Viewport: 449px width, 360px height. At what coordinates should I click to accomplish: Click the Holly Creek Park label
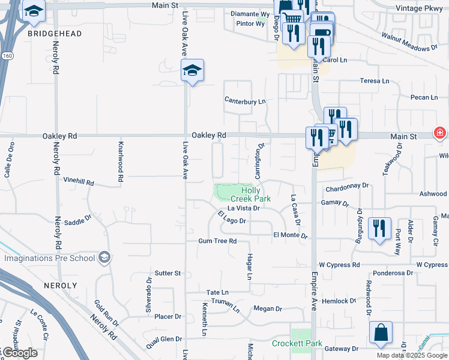coord(251,194)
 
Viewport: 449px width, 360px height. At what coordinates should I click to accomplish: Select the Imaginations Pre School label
coord(50,258)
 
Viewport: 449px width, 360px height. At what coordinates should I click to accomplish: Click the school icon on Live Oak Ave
coord(193,71)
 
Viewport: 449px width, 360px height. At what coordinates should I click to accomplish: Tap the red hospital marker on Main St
coord(440,133)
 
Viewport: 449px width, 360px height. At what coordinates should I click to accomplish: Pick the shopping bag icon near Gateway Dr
coord(381,333)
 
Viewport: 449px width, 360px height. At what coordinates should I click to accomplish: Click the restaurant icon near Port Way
coord(379,229)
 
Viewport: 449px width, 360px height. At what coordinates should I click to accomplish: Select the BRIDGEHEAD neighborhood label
coord(55,34)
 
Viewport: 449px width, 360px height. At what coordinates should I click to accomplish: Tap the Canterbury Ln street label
coord(245,101)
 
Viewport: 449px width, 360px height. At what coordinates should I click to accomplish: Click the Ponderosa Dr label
coord(393,273)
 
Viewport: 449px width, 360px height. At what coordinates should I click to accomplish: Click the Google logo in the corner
coord(19,353)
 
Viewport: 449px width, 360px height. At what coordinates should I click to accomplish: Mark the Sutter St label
coord(167,273)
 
